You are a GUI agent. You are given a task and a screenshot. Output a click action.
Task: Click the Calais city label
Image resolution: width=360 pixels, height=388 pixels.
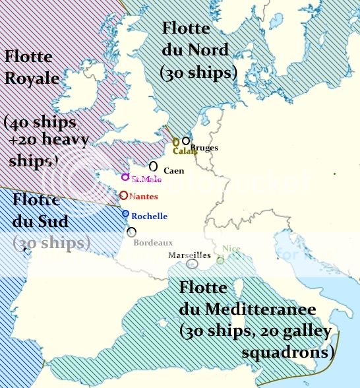coord(185,150)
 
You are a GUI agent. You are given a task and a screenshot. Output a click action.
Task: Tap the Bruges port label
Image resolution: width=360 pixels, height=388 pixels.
coord(204,148)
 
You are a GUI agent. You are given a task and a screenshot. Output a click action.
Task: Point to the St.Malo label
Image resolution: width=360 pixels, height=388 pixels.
coord(146,179)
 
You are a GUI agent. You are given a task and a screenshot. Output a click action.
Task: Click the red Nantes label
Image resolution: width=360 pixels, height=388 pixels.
coord(143,197)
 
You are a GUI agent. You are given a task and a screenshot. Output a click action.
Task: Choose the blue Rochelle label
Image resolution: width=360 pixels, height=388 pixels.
coord(149,216)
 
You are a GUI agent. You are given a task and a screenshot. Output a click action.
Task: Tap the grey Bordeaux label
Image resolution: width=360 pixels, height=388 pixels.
coord(153,243)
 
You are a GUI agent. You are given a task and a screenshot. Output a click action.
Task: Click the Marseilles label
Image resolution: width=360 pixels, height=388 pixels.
coord(189,255)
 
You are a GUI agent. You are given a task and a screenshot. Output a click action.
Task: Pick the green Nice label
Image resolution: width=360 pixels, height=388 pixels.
coord(231,249)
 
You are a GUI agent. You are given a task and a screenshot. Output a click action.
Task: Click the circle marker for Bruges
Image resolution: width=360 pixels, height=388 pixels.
coord(186,141)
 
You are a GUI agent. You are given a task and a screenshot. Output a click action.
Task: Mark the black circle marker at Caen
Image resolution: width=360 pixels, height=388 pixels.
coord(154,166)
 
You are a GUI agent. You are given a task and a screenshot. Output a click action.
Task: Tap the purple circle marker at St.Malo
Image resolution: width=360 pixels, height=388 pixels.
coord(125,177)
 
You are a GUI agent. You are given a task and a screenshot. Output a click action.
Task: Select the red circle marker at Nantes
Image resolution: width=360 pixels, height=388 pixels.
coord(123,195)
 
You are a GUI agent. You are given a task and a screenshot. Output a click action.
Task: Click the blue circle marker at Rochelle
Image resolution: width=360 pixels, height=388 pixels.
coord(125,214)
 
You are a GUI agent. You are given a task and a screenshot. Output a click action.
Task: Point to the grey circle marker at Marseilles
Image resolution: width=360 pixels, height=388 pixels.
coord(192,264)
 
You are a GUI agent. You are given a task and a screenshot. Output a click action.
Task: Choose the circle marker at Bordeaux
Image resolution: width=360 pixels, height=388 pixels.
coord(132,232)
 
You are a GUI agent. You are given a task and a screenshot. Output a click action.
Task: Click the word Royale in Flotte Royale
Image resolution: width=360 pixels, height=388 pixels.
coord(32,79)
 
